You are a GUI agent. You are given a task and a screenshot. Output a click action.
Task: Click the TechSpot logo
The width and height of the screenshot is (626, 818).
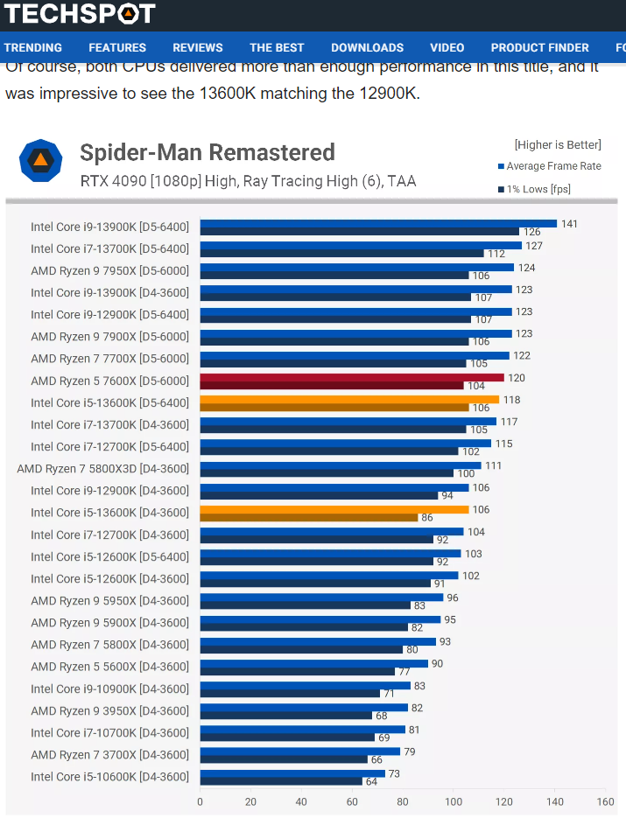click(x=79, y=13)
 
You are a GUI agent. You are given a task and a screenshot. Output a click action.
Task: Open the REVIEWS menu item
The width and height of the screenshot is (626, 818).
click(x=198, y=47)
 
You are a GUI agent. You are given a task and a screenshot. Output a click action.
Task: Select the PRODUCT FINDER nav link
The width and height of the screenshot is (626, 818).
click(x=539, y=47)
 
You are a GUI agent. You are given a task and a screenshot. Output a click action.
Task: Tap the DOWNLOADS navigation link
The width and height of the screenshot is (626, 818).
click(x=367, y=47)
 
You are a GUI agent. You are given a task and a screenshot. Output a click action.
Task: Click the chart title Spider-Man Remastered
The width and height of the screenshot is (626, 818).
click(x=207, y=153)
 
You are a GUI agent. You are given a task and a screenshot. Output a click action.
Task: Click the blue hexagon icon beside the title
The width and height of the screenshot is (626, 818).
click(x=40, y=161)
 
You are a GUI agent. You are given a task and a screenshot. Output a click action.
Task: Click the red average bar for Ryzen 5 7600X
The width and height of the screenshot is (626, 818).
click(x=352, y=377)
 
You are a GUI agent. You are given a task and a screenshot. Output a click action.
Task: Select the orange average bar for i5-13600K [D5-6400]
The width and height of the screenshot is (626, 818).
click(x=349, y=399)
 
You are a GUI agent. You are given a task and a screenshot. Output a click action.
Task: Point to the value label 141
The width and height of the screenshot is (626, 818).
click(x=569, y=224)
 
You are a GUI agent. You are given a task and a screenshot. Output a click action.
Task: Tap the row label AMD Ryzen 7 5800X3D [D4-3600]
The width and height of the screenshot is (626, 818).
click(x=103, y=469)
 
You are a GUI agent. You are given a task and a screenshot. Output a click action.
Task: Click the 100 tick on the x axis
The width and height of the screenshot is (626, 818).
click(x=454, y=801)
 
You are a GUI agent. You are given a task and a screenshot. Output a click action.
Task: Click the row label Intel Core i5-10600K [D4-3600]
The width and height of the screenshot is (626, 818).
click(x=109, y=777)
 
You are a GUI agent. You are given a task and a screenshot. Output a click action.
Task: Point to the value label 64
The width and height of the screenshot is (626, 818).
click(x=371, y=782)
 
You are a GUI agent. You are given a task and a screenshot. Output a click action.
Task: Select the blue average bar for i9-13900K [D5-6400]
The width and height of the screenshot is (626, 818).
click(x=378, y=223)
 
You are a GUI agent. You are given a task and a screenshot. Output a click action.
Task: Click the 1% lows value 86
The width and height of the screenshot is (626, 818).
click(x=426, y=518)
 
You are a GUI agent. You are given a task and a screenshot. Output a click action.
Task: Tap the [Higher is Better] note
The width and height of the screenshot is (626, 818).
click(x=558, y=145)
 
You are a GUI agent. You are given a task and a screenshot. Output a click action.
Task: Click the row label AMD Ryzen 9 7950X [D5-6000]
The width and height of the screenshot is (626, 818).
click(x=109, y=270)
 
